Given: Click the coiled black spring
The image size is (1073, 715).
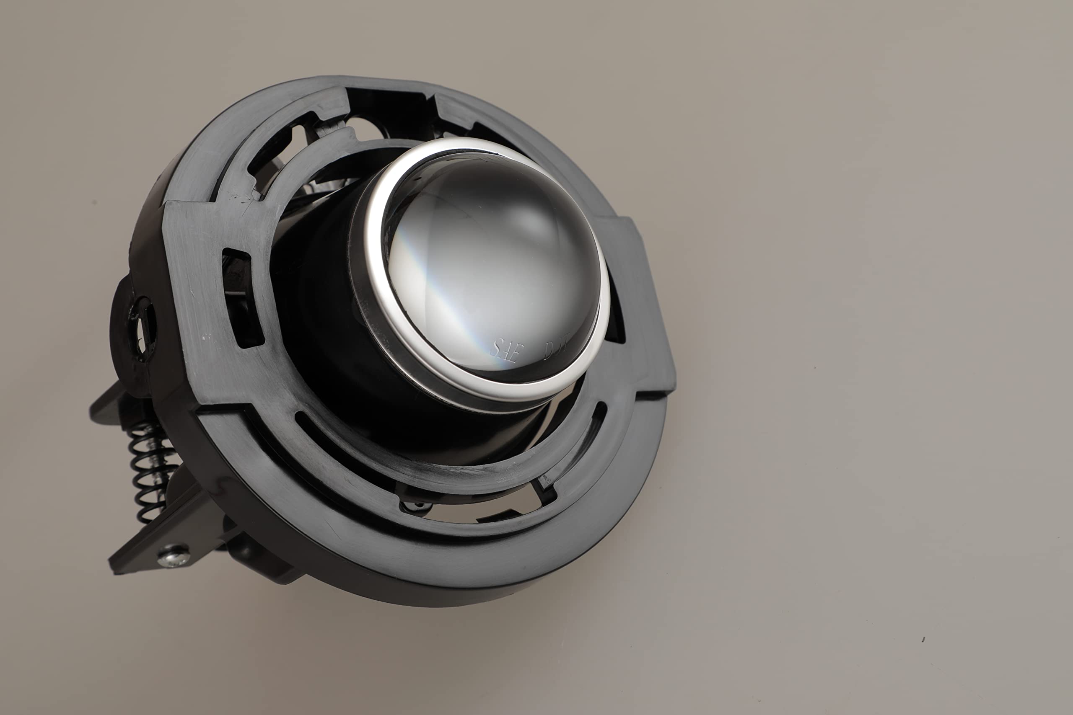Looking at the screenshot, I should pyautogui.click(x=148, y=470).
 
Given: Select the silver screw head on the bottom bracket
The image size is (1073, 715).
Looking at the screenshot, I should pyautogui.click(x=174, y=556).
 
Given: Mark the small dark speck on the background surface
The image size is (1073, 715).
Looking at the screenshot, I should pyautogui.click(x=923, y=640).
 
